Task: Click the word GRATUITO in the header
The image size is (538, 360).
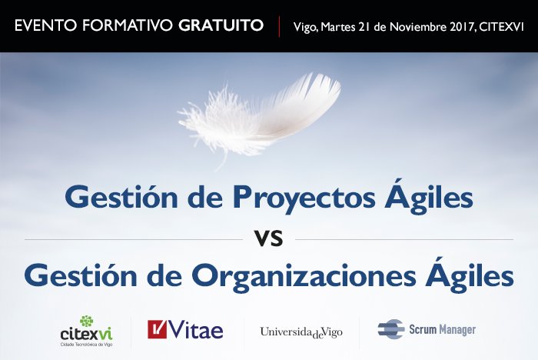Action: click(221, 26)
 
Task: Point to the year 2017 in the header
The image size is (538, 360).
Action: click(455, 27)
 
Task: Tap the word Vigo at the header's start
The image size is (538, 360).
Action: click(306, 27)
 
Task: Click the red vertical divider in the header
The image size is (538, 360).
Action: click(279, 26)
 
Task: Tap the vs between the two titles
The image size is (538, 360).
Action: click(269, 238)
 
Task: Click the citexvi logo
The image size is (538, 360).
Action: click(85, 331)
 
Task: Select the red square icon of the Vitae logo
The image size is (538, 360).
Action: click(158, 329)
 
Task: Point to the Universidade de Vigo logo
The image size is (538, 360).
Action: click(301, 332)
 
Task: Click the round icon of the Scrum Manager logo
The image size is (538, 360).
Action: click(391, 329)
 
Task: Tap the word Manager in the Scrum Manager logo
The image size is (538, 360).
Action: click(458, 330)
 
